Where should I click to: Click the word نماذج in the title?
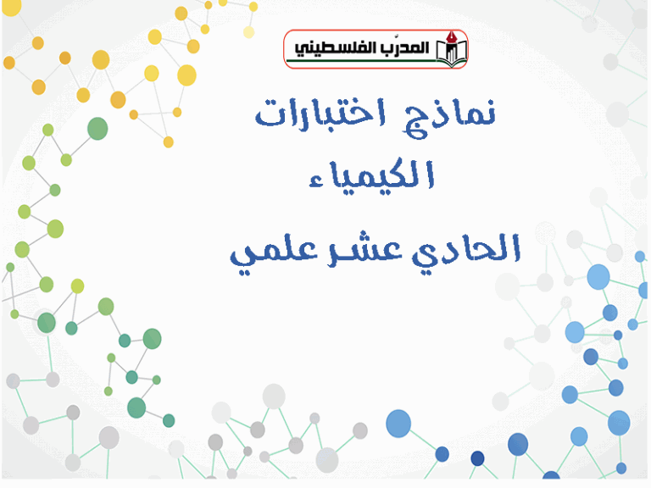(449, 119)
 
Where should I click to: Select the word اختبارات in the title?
(320, 112)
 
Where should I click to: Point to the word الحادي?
(466, 249)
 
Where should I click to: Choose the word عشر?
(364, 250)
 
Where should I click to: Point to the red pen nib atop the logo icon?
(451, 37)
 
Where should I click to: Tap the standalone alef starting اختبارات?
(377, 112)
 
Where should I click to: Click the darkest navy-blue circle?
(477, 458)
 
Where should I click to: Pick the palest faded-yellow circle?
(248, 32)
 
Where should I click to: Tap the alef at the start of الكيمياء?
(431, 175)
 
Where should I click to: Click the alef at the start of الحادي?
(516, 247)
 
